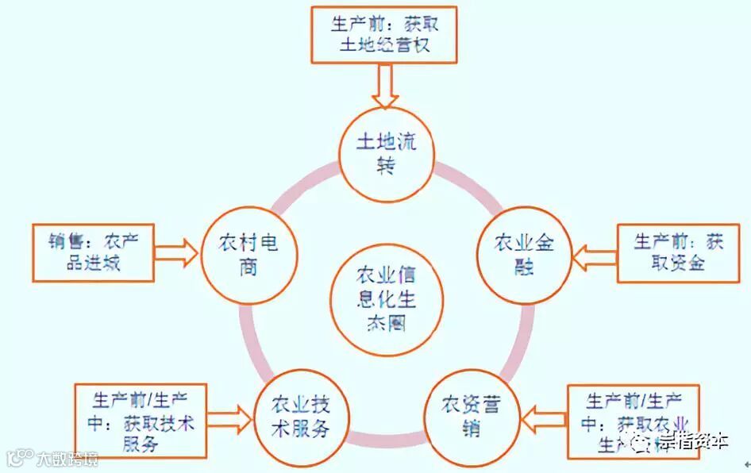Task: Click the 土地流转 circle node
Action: [x=386, y=153]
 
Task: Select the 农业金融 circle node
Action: [x=525, y=253]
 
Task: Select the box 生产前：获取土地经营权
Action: [x=385, y=34]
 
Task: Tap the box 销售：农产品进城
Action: [x=92, y=253]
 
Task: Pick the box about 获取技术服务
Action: [x=141, y=420]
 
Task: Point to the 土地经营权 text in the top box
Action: [x=384, y=45]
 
